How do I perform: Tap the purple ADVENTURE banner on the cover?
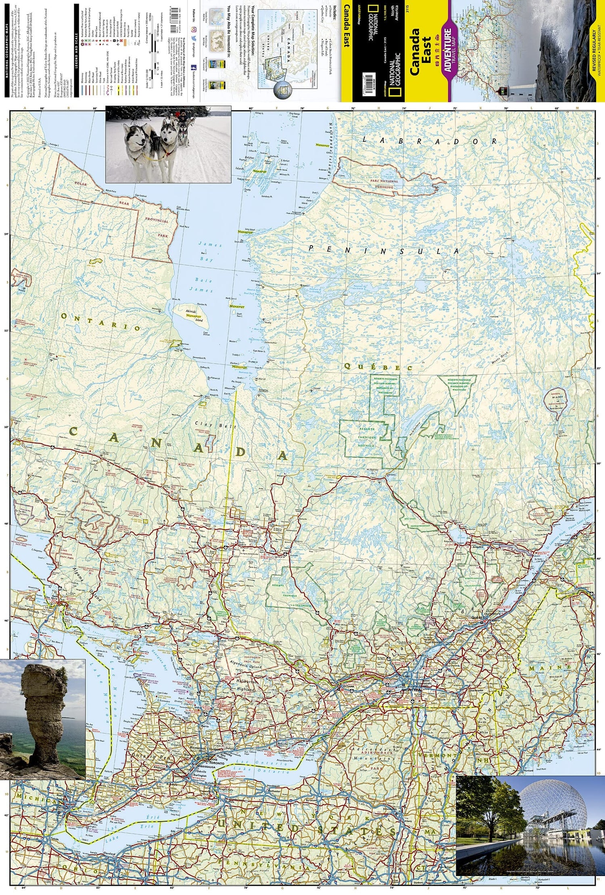pos(447,50)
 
